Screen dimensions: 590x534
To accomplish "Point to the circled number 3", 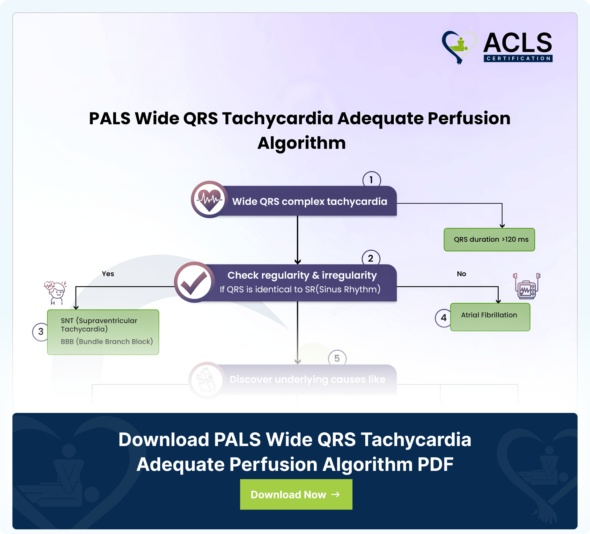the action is pos(40,332).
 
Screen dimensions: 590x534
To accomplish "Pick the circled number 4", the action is pos(443,318).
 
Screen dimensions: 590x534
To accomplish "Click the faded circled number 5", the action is pos(337,358).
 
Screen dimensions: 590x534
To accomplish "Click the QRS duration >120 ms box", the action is pos(489,239).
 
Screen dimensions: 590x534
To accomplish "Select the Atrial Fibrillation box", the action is pos(490,317).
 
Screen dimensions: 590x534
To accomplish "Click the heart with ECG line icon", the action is pos(209,199).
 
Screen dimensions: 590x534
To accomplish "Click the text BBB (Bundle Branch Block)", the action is pos(107,342).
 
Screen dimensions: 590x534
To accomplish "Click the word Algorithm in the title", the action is pos(301,143).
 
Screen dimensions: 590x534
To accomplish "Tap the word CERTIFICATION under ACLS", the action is pos(518,58).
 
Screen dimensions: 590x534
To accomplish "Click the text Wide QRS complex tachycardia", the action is pos(310,201).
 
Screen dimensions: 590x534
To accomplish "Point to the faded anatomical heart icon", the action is pos(207,380).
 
